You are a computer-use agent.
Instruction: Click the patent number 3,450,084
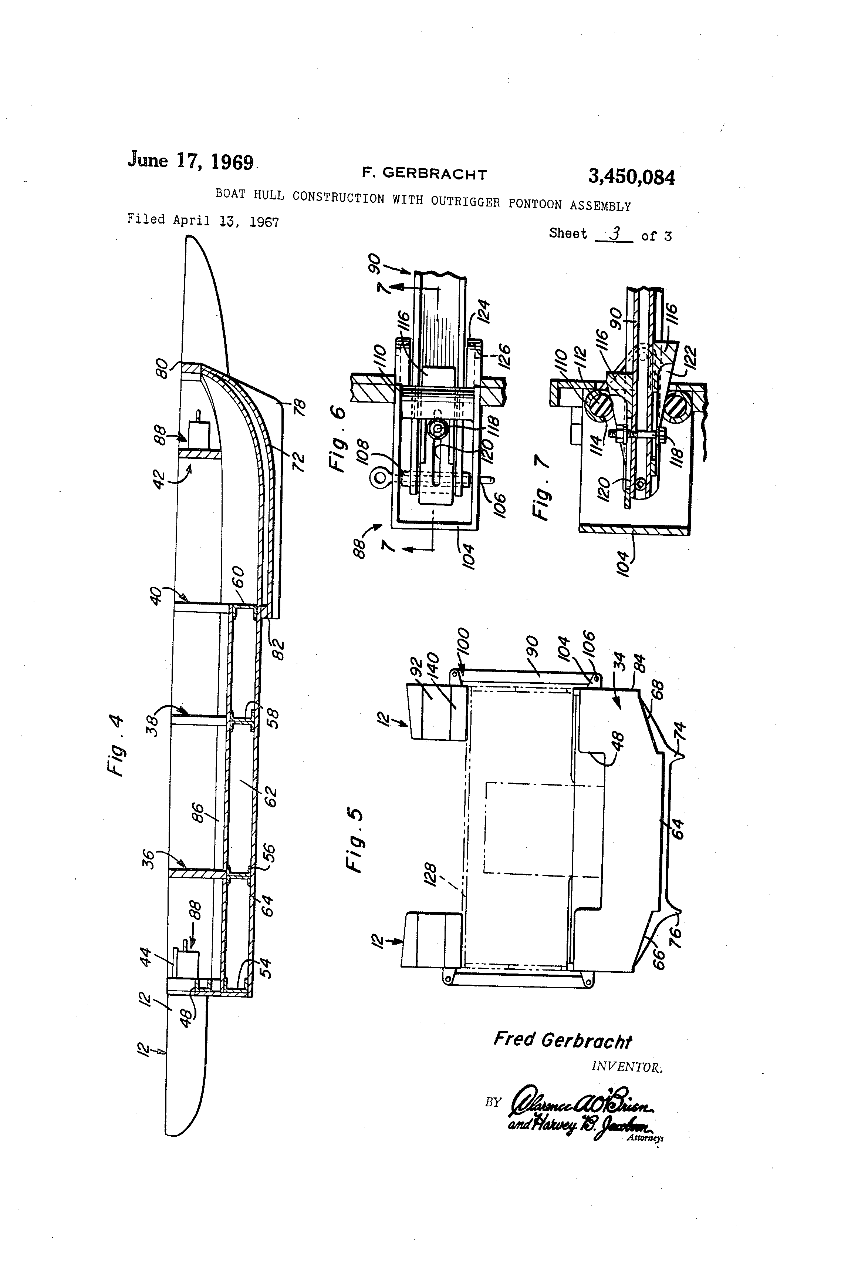(x=631, y=177)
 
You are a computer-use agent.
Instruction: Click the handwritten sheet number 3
(x=615, y=233)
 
